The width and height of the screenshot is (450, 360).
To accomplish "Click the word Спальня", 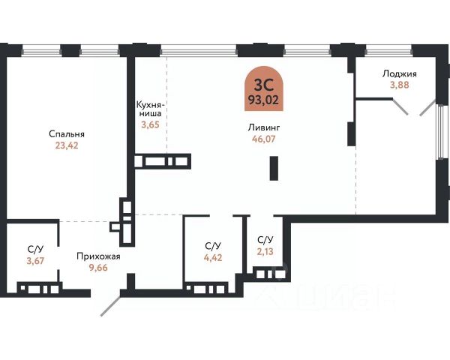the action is pos(67,134).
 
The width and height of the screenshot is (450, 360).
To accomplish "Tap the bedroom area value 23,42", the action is pos(67,145).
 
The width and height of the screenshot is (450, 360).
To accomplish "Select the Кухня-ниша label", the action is pos(149,109).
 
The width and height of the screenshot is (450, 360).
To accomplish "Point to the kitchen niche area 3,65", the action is pos(150,125).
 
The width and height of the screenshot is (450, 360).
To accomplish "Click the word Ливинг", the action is pos(264,127).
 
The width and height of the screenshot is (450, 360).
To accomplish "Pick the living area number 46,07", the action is pos(264,139).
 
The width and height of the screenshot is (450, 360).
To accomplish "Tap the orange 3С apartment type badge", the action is pos(264,88).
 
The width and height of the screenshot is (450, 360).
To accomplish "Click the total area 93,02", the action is pos(264,100).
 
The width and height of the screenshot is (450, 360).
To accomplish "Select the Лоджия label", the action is pos(400,74).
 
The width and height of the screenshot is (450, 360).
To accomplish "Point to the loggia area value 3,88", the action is pos(400,85).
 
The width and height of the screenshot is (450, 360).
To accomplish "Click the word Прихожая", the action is pos(98,256).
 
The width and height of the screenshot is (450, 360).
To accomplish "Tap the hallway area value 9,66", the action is pos(98,268).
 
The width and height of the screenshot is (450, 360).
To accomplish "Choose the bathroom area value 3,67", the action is pos(35,261).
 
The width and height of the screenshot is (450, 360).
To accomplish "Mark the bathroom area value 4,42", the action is pos(213,257).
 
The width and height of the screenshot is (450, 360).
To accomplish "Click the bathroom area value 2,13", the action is pos(265,251).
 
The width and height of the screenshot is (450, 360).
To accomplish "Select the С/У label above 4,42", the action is pos(213,246).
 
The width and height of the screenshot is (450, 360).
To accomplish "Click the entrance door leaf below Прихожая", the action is pos(110,306).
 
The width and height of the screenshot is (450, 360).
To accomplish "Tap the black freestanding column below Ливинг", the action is pos(274,168).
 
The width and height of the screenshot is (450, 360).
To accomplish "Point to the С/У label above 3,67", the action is pos(35,250).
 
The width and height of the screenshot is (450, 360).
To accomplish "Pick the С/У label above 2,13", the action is pos(265,240).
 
